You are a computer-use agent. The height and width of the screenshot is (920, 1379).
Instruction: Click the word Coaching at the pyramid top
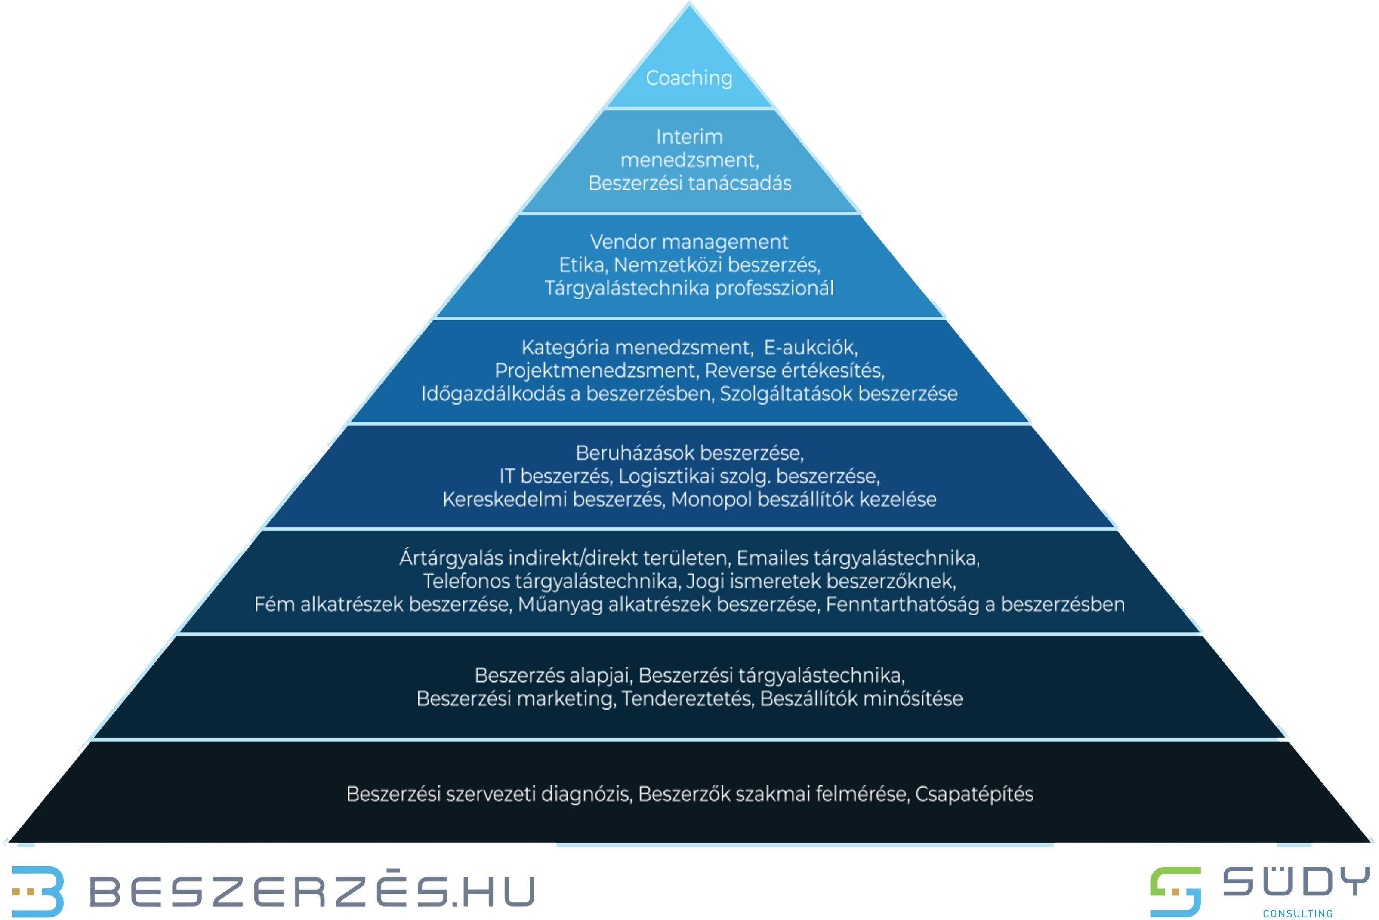pos(689,78)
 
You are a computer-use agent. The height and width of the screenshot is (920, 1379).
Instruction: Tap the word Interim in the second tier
pos(689,137)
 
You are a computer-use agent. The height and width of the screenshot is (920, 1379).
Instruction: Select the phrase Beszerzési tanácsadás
pos(689,183)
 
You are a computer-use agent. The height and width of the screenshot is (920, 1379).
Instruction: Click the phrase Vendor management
pos(689,242)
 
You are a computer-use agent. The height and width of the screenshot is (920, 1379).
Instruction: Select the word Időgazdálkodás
pos(493,394)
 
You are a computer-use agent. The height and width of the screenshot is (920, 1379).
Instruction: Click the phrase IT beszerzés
pos(555,476)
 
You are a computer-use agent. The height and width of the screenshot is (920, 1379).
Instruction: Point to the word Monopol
pos(711,499)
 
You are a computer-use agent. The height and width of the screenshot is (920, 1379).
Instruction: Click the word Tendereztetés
pos(687,699)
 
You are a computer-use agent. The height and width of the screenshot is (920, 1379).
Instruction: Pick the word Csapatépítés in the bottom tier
pos(974,794)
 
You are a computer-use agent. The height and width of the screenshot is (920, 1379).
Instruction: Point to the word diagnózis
pos(586,794)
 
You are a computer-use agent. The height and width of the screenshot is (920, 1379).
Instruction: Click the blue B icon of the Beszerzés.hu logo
pos(38,891)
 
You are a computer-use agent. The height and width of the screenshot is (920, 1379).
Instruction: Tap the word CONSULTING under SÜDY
pos(1297,914)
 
